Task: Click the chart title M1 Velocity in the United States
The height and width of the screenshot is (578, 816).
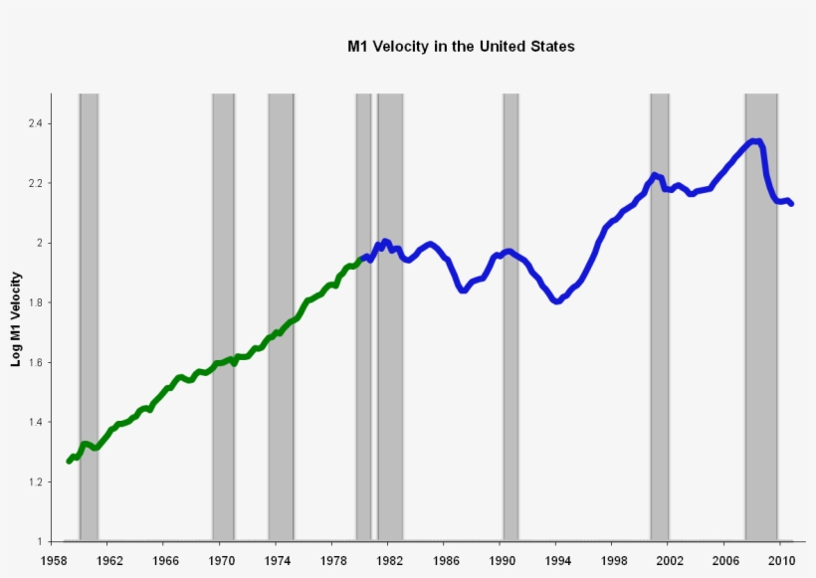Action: (461, 47)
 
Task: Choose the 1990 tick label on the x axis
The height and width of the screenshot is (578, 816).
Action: (501, 560)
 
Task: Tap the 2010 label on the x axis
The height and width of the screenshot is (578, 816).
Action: (780, 560)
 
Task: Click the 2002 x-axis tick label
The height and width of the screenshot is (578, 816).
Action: (669, 560)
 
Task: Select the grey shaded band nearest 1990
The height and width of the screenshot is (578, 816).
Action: (510, 398)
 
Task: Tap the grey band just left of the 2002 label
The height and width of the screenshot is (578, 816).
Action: (659, 398)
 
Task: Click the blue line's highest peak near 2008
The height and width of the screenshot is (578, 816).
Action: (756, 141)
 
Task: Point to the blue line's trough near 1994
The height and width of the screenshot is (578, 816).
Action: (556, 301)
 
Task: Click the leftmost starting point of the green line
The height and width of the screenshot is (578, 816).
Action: (69, 461)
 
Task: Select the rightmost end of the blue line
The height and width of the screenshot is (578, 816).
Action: (791, 203)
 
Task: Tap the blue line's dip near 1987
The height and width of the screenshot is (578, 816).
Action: (464, 289)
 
